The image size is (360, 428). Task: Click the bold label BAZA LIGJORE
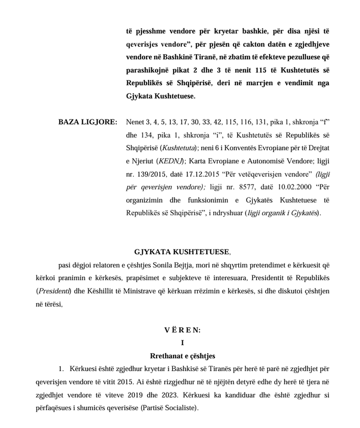coord(88,122)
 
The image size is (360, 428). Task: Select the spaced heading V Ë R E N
coord(182,330)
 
